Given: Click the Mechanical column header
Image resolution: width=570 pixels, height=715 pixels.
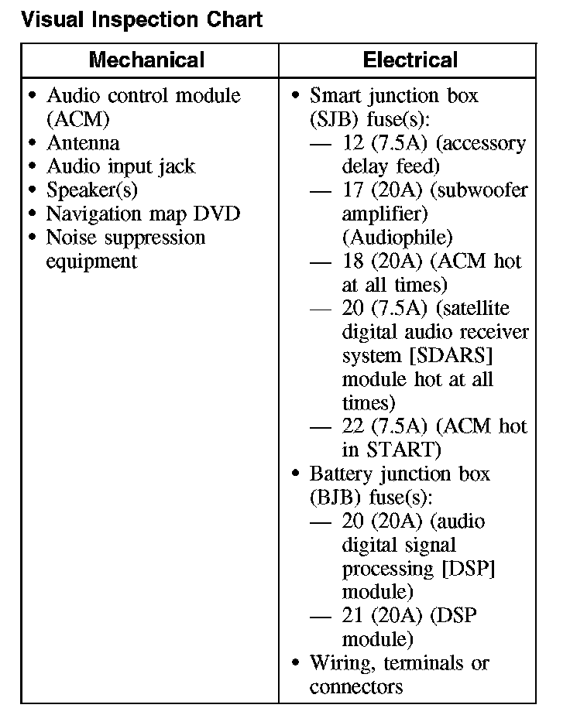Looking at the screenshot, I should pos(147,60).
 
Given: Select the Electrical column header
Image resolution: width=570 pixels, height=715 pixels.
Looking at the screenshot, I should pos(410,60).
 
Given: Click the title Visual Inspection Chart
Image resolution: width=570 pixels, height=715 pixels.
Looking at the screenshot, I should pos(142,19).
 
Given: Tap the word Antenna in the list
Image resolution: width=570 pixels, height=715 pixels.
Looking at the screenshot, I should pos(83,143).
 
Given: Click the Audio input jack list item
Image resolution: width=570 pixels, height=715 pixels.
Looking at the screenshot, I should pos(121,166).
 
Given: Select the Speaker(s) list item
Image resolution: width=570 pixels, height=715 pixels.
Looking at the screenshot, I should pos(92,190).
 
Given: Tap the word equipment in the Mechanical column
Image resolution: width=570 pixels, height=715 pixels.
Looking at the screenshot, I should pos(91,261).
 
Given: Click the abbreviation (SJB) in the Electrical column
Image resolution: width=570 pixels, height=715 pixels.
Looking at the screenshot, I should pos(332,120).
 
